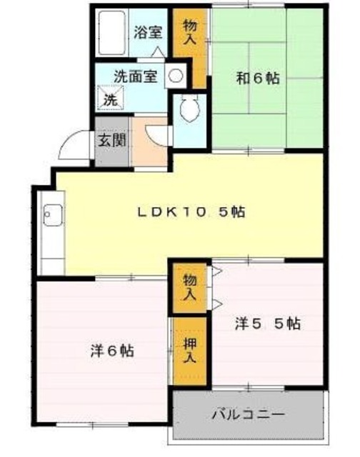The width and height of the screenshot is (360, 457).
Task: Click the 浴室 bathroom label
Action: click(148, 32)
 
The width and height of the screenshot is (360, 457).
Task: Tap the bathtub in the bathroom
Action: click(111, 33)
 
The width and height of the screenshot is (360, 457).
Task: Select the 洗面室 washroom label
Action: click(136, 76)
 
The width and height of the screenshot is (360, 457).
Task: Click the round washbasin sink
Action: click(176, 76)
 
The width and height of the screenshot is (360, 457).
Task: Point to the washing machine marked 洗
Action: click(111, 99)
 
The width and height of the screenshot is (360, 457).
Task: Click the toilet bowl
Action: click(189, 108)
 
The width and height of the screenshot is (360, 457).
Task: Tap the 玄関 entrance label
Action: click(111, 140)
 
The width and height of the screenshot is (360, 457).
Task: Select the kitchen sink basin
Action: click(53, 216)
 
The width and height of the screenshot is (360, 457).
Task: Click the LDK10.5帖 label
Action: click(191, 212)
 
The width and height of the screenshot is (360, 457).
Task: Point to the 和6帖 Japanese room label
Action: click(258, 78)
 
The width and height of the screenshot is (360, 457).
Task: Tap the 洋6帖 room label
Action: click(112, 351)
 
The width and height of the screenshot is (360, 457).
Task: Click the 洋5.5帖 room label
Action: click(268, 323)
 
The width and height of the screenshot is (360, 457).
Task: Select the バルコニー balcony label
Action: click(248, 414)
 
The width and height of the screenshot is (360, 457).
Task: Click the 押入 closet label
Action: click(190, 351)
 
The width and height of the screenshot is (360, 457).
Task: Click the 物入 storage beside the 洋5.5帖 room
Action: click(190, 288)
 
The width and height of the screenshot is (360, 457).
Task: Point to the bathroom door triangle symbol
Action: click(159, 51)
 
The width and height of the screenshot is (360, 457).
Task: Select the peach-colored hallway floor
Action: click(149, 142)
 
